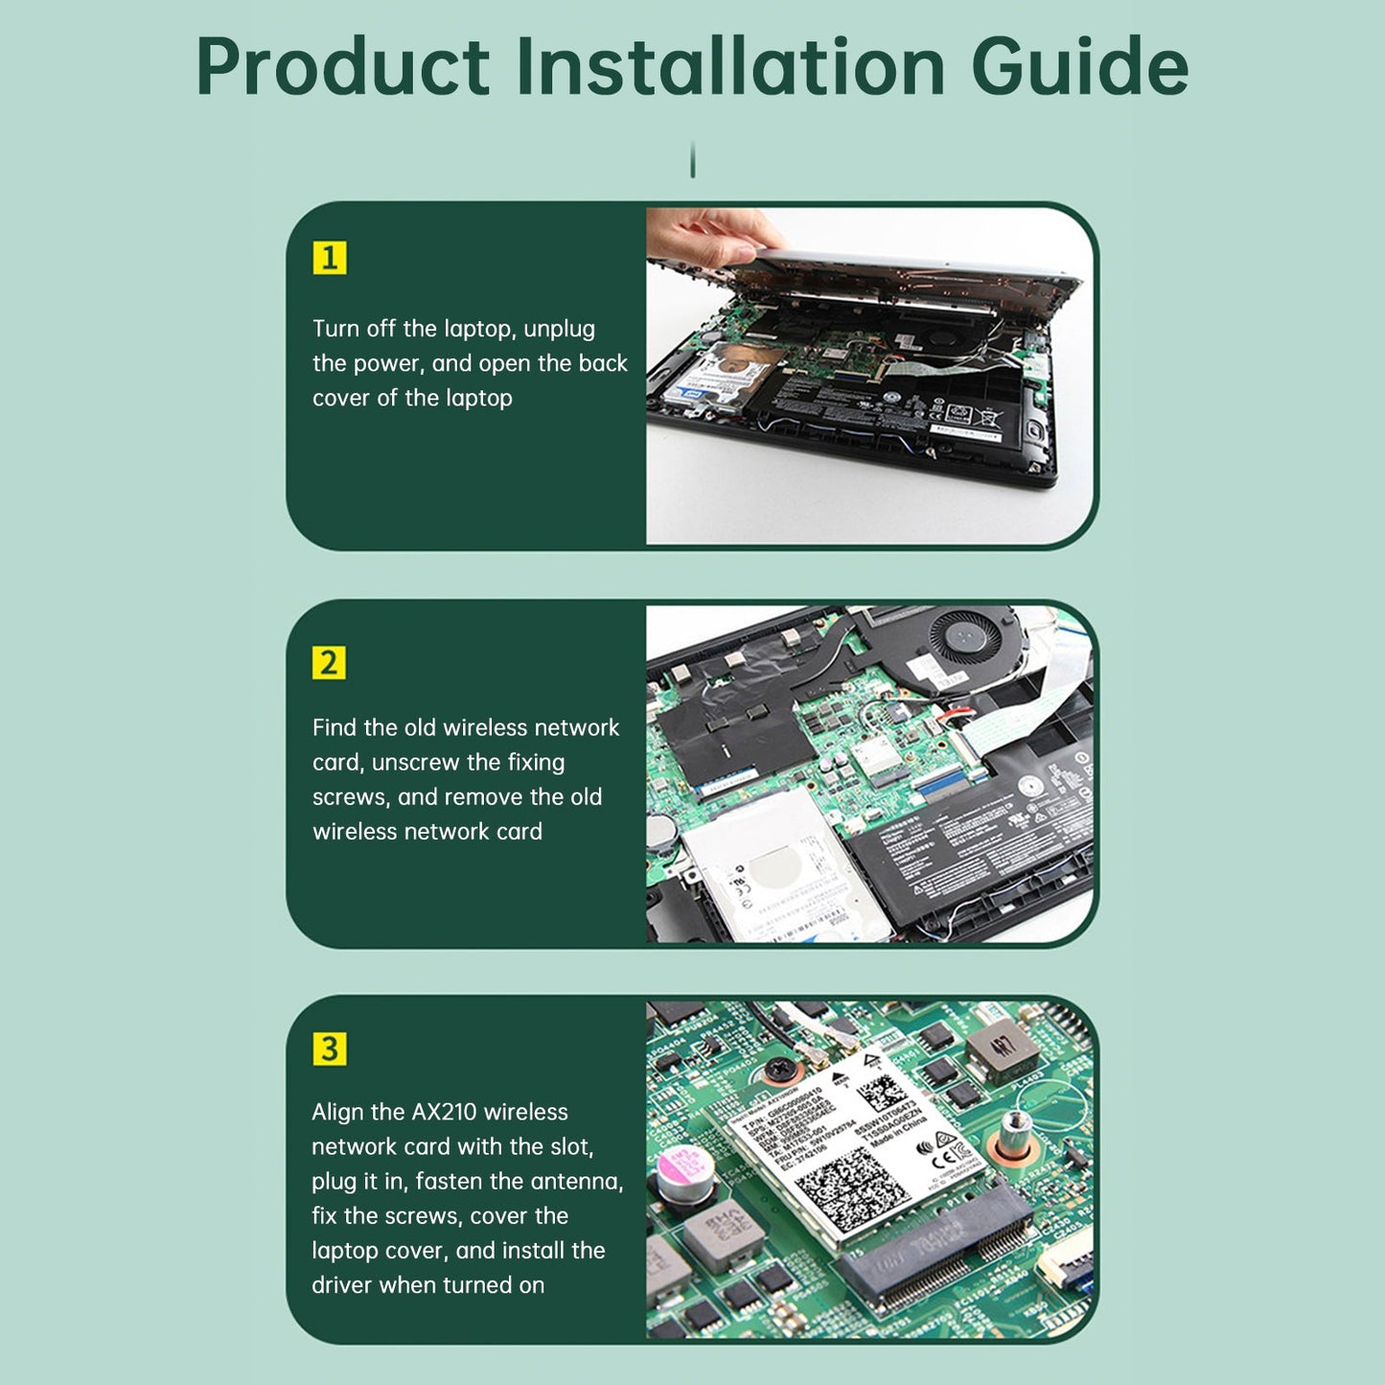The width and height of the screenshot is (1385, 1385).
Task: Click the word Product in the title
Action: (342, 67)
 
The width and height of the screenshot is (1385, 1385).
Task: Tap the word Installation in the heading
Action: (730, 67)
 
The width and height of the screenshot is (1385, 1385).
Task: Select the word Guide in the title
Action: (1079, 67)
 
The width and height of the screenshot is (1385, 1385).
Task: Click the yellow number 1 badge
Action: (329, 258)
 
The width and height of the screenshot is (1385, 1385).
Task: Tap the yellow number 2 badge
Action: (329, 663)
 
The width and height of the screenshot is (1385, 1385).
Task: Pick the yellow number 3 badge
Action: (329, 1049)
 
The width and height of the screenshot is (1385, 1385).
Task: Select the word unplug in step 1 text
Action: (559, 330)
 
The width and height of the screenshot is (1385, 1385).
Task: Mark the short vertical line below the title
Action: (692, 159)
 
